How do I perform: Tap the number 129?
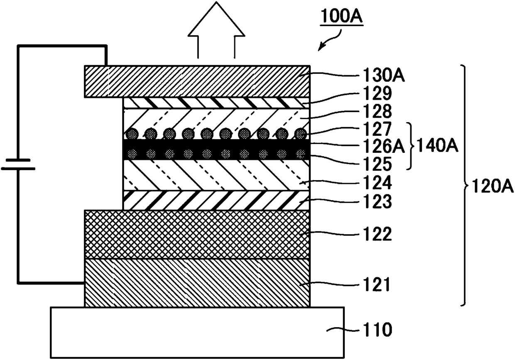pyautogui.click(x=377, y=93)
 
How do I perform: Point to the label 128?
pyautogui.click(x=377, y=111)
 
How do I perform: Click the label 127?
pyautogui.click(x=377, y=129)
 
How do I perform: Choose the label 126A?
pyautogui.click(x=383, y=147)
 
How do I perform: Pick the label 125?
pyautogui.click(x=377, y=164)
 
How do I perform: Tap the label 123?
pyautogui.click(x=377, y=201)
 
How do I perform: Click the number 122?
pyautogui.click(x=377, y=234)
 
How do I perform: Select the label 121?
pyautogui.click(x=376, y=284)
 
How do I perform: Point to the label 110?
pyautogui.click(x=377, y=330)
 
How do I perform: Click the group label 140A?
pyautogui.click(x=437, y=146)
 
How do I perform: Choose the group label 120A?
pyautogui.click(x=492, y=186)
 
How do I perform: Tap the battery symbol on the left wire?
pyautogui.click(x=18, y=164)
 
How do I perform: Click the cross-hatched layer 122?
pyautogui.click(x=197, y=235)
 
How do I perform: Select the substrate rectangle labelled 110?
pyautogui.click(x=197, y=333)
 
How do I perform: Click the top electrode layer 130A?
pyautogui.click(x=197, y=82)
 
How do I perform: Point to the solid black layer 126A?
pyautogui.click(x=216, y=149)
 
